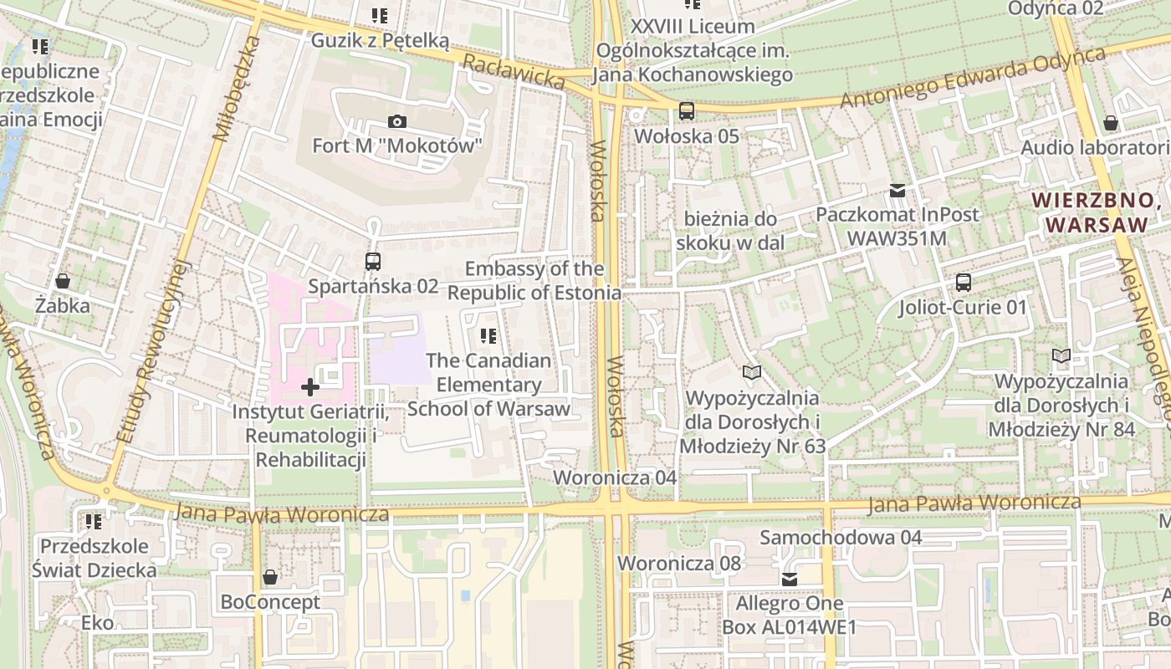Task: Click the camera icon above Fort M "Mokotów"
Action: (397, 122)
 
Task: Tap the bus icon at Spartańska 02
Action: (373, 262)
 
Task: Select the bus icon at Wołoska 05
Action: (687, 110)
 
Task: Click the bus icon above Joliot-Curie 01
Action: (964, 283)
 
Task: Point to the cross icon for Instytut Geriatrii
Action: (310, 387)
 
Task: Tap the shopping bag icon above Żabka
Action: (62, 281)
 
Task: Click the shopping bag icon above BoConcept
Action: (270, 577)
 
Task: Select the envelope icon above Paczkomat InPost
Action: (897, 191)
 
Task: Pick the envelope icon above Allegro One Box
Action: (789, 579)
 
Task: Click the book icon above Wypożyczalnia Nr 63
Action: (752, 372)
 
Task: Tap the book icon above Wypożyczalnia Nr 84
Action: (1061, 356)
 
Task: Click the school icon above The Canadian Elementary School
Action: (488, 336)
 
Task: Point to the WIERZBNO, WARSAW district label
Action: (1097, 212)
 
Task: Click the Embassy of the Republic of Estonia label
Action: (534, 281)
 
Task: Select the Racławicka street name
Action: (514, 71)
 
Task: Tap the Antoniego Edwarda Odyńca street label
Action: (973, 77)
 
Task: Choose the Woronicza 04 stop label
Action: (615, 477)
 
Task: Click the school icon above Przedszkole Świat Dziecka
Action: (94, 522)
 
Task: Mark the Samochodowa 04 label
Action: (841, 538)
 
